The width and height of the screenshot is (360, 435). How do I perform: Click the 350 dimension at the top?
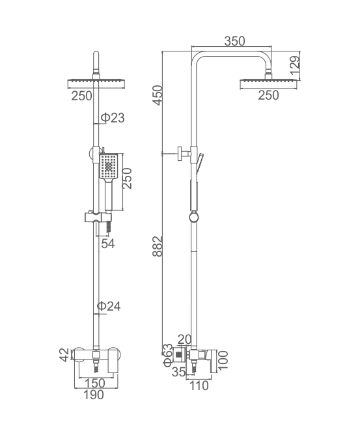pos(234,41)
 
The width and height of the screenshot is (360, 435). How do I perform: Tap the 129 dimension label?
pos(295,66)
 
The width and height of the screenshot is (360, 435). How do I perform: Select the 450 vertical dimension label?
pos(158,95)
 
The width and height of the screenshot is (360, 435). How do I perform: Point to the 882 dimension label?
pos(158,246)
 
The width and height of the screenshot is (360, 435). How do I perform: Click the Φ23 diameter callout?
pos(113,118)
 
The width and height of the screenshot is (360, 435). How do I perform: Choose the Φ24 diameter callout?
pos(109,306)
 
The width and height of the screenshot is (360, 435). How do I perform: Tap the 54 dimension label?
pos(108,244)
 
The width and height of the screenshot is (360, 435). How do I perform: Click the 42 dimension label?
pos(64,355)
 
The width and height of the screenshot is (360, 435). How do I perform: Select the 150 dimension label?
pos(95,383)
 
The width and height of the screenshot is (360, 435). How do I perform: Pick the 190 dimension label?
pos(94,395)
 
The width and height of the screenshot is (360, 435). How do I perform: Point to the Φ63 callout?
pos(168,356)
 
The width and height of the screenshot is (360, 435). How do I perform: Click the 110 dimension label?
pos(198,386)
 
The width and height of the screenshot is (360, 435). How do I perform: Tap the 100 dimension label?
pos(223,360)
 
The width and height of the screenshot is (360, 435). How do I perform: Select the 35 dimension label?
pos(178,372)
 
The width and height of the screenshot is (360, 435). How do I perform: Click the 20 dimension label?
pos(184,339)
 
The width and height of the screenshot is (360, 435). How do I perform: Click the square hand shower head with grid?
pos(109,166)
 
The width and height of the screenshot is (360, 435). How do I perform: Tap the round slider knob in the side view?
pos(194,217)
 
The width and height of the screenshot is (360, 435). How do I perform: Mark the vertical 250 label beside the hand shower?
pos(128,178)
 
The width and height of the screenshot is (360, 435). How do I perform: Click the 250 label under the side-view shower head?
pos(268,95)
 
